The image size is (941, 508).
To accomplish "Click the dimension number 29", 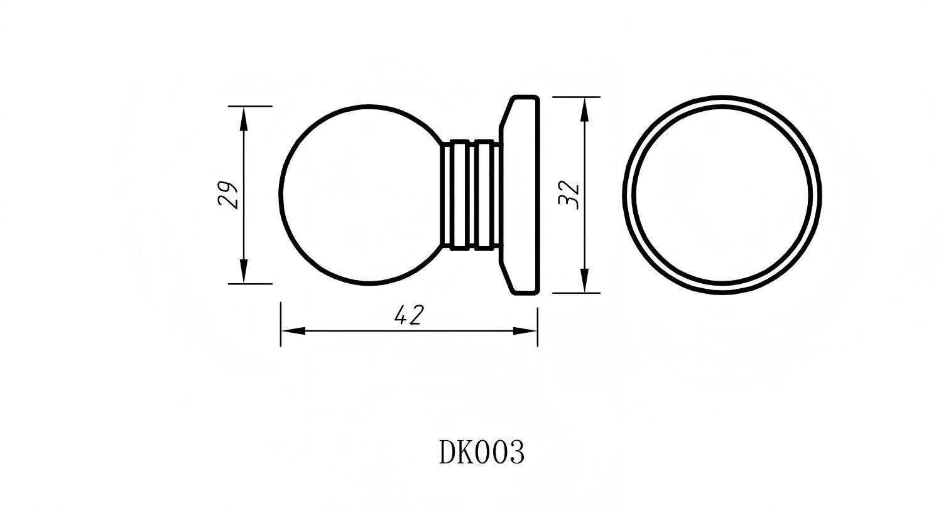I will [x=228, y=195].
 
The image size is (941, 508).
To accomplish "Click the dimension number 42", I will [x=409, y=315].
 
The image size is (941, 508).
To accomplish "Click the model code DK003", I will [x=481, y=452].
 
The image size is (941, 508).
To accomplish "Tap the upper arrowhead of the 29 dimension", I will [x=244, y=119].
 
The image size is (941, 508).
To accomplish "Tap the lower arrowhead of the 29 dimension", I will [x=244, y=271].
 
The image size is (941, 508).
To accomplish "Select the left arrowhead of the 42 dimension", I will [x=293, y=330].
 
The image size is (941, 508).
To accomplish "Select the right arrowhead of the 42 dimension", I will [x=525, y=330].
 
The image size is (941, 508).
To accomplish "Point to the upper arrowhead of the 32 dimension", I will [x=584, y=110].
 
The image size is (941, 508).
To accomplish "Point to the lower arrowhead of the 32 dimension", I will [x=584, y=280].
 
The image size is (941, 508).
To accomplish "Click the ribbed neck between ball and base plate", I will [x=471, y=195].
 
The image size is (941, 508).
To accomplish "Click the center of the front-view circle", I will [x=722, y=195].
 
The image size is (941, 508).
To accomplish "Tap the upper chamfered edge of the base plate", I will [x=506, y=113].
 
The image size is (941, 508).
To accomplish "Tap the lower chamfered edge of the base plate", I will [x=506, y=276].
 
